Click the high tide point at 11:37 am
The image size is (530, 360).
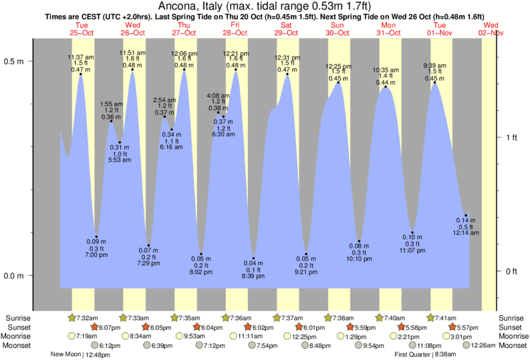point(81,74)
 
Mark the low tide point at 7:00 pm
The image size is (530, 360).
point(96,236)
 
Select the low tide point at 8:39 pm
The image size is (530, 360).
point(253,258)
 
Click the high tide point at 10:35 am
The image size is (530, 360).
point(385,87)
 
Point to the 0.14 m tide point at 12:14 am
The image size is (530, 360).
point(466,215)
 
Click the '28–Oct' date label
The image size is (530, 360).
point(235,32)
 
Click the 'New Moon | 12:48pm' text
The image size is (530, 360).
point(79,355)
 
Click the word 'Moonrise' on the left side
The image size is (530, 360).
point(19,336)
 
